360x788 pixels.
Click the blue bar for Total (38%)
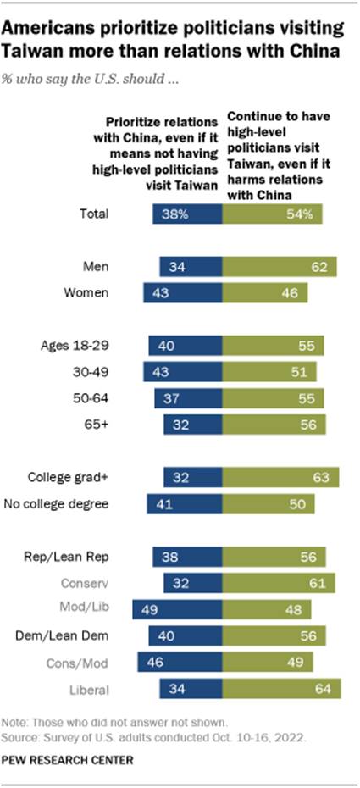[x=189, y=214]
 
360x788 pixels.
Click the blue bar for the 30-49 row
[x=185, y=372]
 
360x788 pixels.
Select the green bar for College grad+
[x=281, y=477]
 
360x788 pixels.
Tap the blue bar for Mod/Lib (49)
[x=179, y=608]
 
